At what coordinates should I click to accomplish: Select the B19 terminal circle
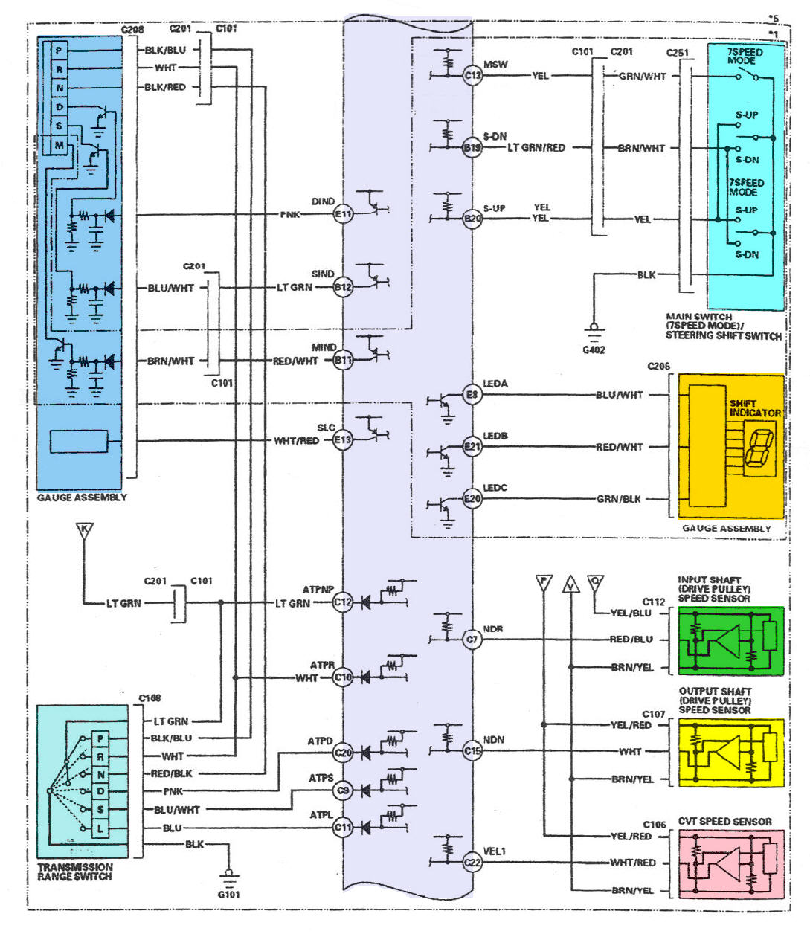[472, 147]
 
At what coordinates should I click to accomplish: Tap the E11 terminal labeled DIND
[342, 215]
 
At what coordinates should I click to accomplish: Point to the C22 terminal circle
[472, 863]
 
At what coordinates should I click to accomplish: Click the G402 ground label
[594, 349]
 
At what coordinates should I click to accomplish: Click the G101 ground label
[228, 895]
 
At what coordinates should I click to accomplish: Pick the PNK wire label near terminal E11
[290, 215]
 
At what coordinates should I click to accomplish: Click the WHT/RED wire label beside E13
[296, 441]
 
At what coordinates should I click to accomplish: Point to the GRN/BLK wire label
[618, 499]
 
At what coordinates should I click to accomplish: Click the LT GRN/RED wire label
[536, 147]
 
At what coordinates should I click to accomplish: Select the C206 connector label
[658, 367]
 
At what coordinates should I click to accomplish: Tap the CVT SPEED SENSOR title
[724, 822]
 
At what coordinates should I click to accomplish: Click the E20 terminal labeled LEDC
[472, 499]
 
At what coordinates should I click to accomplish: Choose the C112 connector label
[654, 602]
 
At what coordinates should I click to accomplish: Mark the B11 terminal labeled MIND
[342, 361]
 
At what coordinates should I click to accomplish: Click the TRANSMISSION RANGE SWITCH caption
[75, 872]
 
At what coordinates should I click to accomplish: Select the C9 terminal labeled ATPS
[342, 791]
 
